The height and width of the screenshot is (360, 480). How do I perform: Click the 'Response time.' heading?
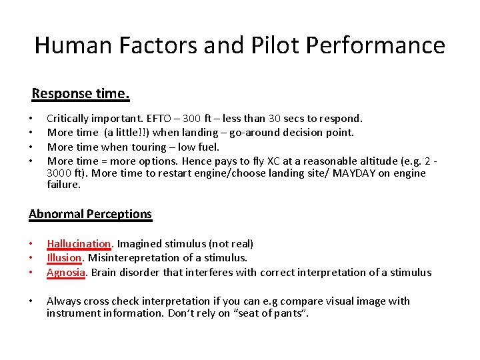[80, 93]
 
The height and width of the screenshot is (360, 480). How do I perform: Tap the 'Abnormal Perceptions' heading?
[90, 214]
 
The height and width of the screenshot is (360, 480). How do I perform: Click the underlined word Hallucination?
[79, 244]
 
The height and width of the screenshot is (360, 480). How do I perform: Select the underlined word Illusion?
[64, 258]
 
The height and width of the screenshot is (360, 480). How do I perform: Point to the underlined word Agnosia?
[66, 272]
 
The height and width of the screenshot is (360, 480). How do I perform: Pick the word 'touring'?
[149, 147]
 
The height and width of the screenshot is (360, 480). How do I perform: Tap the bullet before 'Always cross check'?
[31, 301]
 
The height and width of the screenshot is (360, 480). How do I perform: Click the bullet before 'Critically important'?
[31, 119]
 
